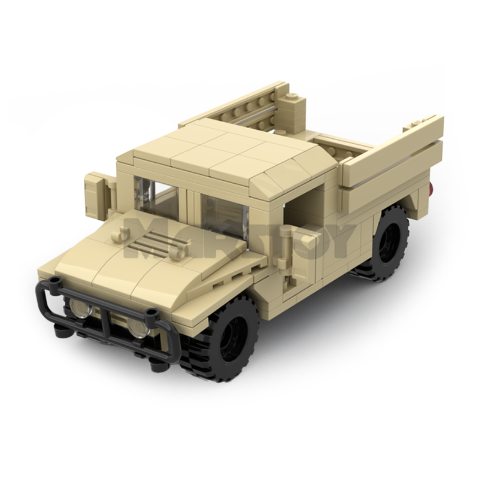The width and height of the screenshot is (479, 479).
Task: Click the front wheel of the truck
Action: click(231, 332)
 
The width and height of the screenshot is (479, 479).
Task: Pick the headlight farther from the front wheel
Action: click(80, 308)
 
